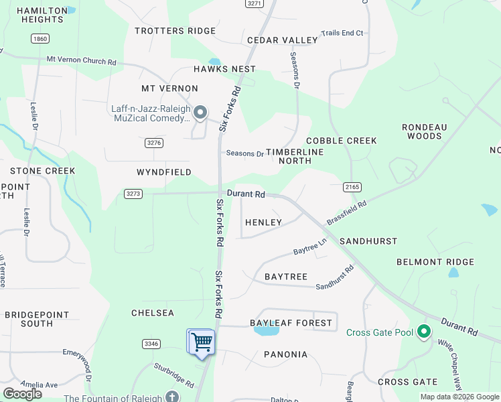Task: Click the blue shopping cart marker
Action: [x=201, y=342]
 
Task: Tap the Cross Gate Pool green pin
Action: [x=423, y=332]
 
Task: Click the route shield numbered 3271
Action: [x=254, y=3]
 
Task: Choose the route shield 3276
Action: [x=153, y=143]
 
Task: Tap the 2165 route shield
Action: [x=352, y=186]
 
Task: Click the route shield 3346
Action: [x=151, y=344]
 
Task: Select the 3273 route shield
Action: [x=133, y=194]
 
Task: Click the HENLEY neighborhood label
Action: [x=263, y=222]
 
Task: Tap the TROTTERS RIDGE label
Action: [x=175, y=31]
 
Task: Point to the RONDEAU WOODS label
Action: [x=425, y=131]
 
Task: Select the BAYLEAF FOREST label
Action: [x=291, y=323]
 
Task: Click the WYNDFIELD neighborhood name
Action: [x=164, y=172]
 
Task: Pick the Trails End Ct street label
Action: [x=342, y=33]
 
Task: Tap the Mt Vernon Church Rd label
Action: [x=81, y=60]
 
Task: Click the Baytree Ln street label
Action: [x=309, y=250]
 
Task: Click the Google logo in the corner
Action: [x=22, y=394]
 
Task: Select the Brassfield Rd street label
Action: [x=346, y=213]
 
